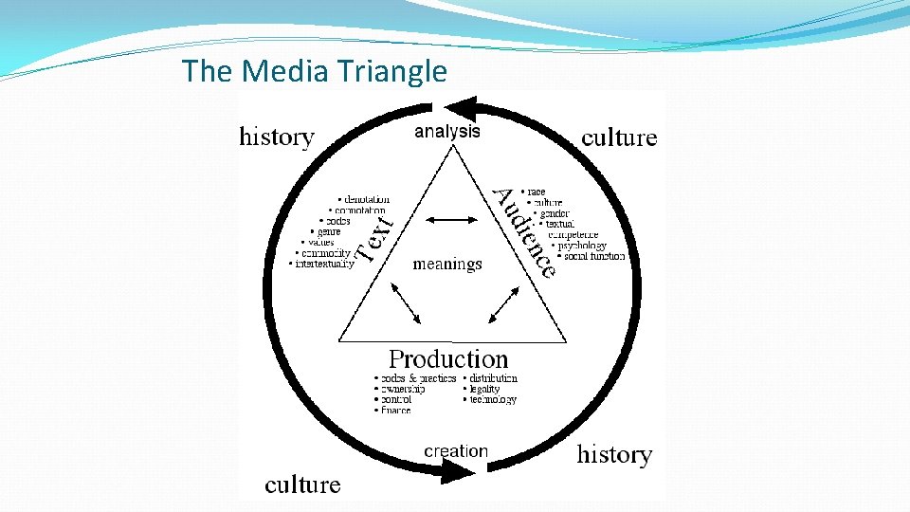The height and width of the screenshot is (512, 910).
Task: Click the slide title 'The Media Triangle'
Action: (x=314, y=71)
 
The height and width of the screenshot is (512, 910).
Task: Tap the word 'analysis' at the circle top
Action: (x=446, y=132)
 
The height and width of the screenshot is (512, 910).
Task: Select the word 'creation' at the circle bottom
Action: (x=456, y=451)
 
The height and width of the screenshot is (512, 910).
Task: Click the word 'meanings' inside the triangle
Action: (x=447, y=265)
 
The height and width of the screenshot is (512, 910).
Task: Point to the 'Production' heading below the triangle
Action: (x=448, y=359)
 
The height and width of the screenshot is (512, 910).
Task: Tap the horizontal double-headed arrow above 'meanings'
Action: (x=447, y=221)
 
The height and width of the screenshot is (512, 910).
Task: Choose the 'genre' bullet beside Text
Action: (x=328, y=231)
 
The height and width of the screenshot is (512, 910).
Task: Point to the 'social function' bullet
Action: (x=594, y=256)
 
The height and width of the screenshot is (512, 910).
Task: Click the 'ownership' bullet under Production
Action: (x=402, y=389)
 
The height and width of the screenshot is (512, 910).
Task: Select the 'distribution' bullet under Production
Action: (x=493, y=378)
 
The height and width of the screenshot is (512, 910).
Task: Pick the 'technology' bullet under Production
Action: (x=493, y=400)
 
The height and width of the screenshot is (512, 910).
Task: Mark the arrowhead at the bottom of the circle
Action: (x=459, y=472)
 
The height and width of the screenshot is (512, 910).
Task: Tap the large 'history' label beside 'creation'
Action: (x=614, y=454)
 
